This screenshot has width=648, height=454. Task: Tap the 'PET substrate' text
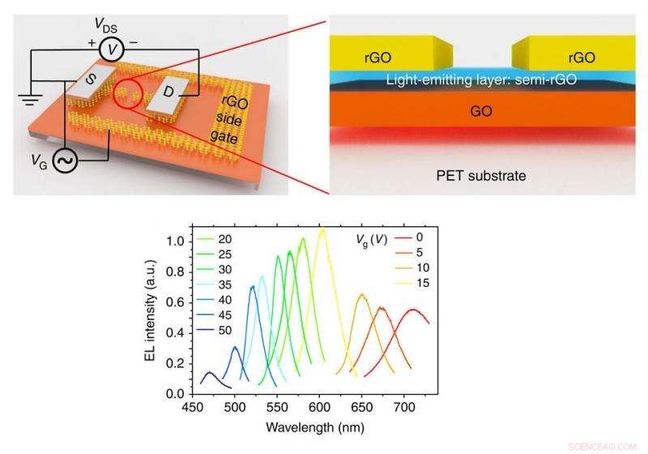click(x=481, y=174)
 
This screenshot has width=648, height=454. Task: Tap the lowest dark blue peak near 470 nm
click(x=210, y=373)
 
